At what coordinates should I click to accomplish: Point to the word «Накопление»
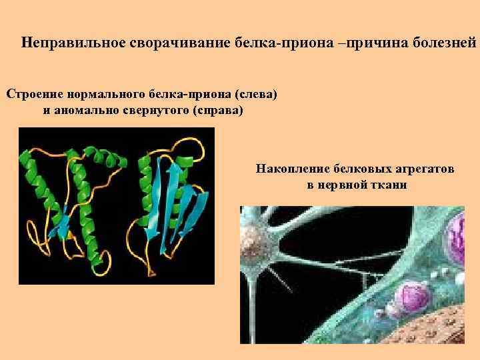coord(290,169)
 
